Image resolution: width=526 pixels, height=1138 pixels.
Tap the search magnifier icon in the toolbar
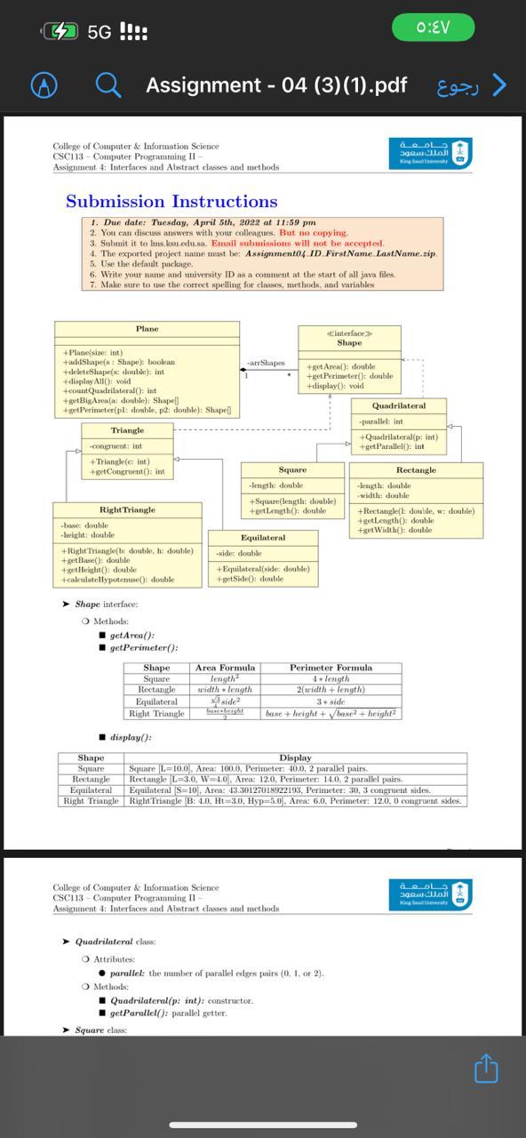[108, 85]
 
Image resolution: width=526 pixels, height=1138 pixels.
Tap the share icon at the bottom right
[486, 1068]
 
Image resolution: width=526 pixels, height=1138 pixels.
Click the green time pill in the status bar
[433, 28]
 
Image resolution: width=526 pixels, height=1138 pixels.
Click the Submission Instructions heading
[171, 202]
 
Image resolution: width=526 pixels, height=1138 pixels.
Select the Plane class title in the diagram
[147, 329]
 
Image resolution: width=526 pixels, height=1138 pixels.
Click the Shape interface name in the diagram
[349, 342]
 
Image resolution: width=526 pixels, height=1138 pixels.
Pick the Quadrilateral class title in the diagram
[399, 405]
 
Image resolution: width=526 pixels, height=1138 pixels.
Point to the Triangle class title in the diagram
[127, 430]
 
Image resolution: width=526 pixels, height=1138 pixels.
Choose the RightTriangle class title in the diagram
[127, 509]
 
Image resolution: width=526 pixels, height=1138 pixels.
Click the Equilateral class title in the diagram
[263, 538]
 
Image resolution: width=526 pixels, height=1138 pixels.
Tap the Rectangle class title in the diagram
[416, 469]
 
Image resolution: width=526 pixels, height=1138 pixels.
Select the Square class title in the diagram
[292, 469]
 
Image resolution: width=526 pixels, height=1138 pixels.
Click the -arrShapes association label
[267, 363]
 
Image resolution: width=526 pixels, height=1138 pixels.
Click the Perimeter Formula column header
[331, 668]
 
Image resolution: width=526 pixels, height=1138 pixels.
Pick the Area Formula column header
[225, 668]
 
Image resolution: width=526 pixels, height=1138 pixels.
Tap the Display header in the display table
[295, 757]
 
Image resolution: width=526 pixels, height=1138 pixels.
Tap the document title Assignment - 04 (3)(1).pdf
[276, 85]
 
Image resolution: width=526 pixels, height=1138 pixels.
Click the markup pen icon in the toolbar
[44, 85]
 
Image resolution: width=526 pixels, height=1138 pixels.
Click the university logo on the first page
[431, 152]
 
